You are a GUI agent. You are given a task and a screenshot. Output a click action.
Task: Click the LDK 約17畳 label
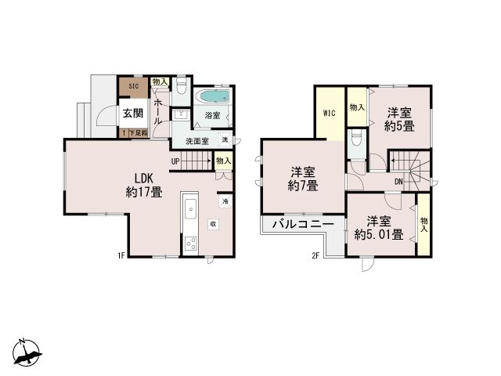click(144, 183)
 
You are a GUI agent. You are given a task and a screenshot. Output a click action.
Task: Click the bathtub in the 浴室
click(211, 99)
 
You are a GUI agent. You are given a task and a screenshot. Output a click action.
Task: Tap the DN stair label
click(398, 182)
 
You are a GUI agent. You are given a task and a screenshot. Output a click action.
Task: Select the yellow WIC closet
click(330, 114)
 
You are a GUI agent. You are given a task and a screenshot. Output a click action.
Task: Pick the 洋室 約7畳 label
click(302, 179)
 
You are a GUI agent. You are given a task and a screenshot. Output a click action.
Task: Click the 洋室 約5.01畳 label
click(378, 227)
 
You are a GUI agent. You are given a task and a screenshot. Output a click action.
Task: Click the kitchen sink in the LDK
click(190, 211)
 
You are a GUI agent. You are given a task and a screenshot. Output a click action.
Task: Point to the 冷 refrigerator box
click(225, 201)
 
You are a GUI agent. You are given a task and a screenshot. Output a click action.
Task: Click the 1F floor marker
click(121, 255)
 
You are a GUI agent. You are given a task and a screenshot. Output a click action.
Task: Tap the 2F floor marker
click(316, 255)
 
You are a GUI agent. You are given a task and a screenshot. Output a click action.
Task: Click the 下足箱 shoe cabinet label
click(136, 134)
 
